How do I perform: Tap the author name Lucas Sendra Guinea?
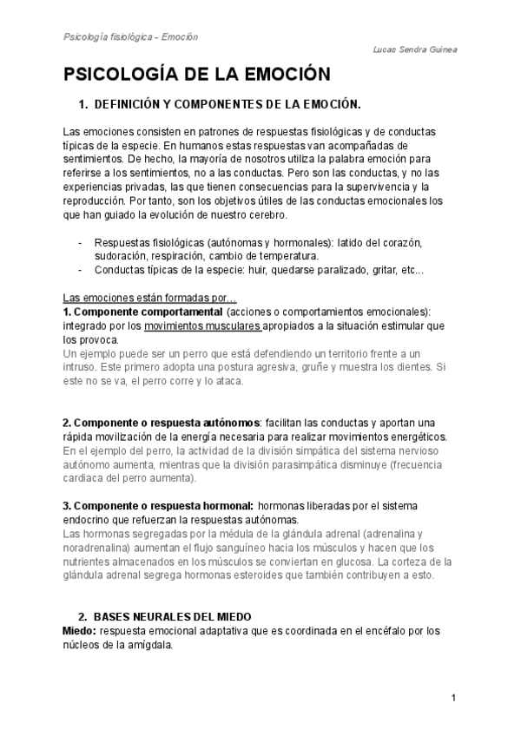coord(413,50)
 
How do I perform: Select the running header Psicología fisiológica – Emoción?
coord(131,37)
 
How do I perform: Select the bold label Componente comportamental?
coord(143,312)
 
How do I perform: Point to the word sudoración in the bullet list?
coord(123,256)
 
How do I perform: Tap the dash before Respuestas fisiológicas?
coord(80,242)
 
